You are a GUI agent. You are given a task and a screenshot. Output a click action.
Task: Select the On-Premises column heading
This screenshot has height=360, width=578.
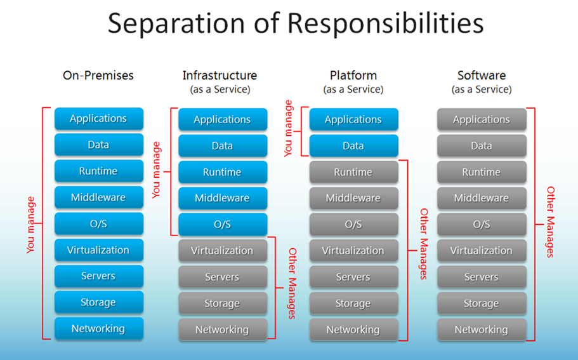98,75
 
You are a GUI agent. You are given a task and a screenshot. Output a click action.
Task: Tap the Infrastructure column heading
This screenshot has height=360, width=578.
220,75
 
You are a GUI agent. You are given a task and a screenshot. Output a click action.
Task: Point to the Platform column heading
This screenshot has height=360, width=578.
353,75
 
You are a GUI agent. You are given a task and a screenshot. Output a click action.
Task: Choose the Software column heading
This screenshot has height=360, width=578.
481,75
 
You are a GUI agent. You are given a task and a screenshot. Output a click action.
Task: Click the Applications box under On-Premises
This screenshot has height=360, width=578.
98,119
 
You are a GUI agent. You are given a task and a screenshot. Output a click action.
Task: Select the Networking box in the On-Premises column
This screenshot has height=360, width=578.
98,329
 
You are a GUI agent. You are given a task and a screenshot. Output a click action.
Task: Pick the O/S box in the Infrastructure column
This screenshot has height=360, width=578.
222,225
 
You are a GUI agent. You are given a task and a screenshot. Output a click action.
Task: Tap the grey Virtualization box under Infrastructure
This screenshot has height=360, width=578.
222,251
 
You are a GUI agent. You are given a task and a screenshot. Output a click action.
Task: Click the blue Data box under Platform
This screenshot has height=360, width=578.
353,146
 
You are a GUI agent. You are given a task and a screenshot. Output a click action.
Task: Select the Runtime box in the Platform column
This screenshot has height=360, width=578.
353,172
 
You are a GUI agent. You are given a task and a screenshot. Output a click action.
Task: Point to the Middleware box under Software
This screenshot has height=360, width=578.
482,198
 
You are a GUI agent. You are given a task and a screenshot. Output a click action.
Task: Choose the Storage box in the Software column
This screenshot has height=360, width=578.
482,303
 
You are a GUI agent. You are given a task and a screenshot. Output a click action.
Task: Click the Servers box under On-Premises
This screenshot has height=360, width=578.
98,276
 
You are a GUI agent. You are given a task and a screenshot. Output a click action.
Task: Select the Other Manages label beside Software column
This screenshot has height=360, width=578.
550,222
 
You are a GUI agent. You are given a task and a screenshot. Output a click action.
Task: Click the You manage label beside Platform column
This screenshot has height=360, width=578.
289,128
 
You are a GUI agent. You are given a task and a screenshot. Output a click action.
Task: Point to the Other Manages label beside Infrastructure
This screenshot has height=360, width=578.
292,283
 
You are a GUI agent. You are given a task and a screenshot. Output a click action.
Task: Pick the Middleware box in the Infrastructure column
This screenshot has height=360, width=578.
222,198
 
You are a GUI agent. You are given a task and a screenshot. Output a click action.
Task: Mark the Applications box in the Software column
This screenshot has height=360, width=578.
482,119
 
